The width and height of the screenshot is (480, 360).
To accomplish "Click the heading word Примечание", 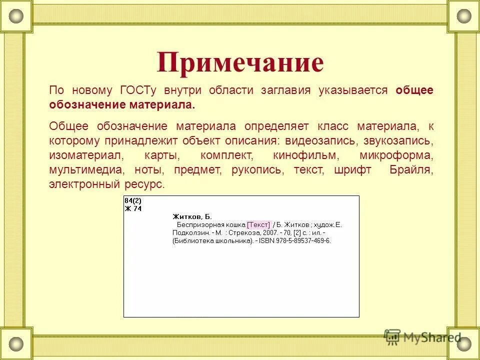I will (x=240, y=63).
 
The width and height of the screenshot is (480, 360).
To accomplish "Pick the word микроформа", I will (x=396, y=155).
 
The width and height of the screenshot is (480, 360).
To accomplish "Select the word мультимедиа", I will (x=83, y=169).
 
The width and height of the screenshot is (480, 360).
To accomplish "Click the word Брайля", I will (x=411, y=169).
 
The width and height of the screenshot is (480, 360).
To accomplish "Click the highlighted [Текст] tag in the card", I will (x=258, y=224).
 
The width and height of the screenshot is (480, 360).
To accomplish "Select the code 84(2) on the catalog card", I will (x=132, y=201).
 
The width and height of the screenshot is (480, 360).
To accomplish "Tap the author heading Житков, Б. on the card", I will (x=192, y=216).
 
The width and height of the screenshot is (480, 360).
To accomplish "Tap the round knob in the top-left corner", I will (x=16, y=16).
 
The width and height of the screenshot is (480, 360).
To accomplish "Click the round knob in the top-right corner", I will (x=464, y=16).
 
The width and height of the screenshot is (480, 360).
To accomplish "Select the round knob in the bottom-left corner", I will (x=16, y=344).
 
